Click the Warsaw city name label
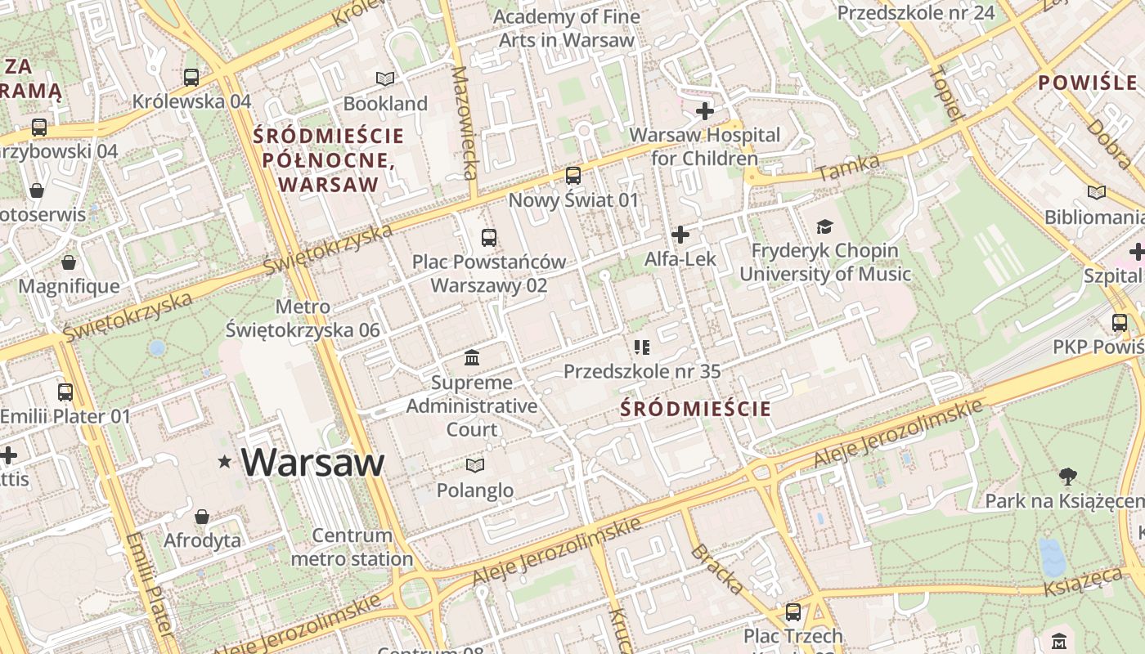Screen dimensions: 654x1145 [x=312, y=463]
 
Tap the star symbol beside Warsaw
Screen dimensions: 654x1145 [x=225, y=462]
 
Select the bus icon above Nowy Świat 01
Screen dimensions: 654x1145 [x=573, y=175]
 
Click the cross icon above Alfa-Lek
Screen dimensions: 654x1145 [x=680, y=235]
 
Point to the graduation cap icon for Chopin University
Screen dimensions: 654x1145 [x=824, y=226]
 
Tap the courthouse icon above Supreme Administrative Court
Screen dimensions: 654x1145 [x=472, y=358]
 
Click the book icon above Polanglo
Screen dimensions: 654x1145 [x=475, y=466]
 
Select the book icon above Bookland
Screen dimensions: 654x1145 [x=385, y=78]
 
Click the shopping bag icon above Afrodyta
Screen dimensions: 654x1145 [x=202, y=517]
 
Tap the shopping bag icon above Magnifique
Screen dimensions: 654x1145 [x=69, y=262]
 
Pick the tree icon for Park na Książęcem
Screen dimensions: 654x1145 [x=1067, y=476]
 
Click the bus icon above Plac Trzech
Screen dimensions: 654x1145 [x=793, y=611]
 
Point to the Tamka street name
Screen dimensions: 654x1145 [x=847, y=168]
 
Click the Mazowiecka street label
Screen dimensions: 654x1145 [x=465, y=123]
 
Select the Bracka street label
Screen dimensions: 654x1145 [x=717, y=569]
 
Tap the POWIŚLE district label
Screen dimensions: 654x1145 [x=1088, y=83]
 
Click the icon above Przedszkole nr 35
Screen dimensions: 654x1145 [x=642, y=347]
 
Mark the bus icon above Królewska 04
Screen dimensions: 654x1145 [x=191, y=78]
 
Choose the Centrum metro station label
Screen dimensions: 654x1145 [x=352, y=548]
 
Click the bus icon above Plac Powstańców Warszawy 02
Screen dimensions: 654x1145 [x=489, y=238]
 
